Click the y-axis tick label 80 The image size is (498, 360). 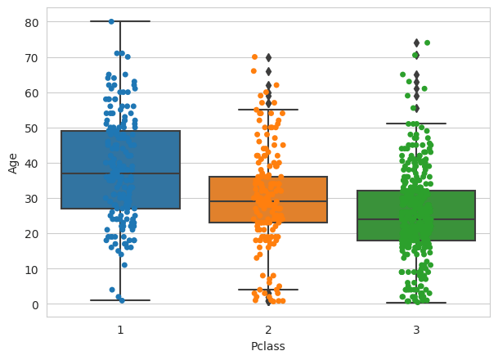[32, 22]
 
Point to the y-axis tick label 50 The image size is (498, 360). [32, 128]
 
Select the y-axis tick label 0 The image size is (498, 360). [35, 304]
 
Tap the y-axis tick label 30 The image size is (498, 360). [32, 199]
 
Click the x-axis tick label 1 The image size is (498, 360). [120, 329]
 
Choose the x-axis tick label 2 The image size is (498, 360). [268, 329]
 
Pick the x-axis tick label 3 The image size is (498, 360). [416, 329]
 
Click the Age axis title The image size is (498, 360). [13, 162]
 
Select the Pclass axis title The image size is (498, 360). [268, 346]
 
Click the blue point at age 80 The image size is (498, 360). [111, 21]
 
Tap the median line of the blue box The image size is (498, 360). [120, 173]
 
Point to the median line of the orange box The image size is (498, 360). [268, 201]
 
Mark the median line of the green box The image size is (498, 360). [416, 219]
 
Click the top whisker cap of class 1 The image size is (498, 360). [120, 21]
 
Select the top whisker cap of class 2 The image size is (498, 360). [268, 110]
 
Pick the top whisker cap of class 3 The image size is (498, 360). [416, 124]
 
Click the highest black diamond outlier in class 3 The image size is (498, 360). [416, 43]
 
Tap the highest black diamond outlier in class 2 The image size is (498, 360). [268, 57]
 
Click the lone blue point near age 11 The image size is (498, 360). [124, 265]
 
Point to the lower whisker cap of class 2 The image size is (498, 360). [268, 290]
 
